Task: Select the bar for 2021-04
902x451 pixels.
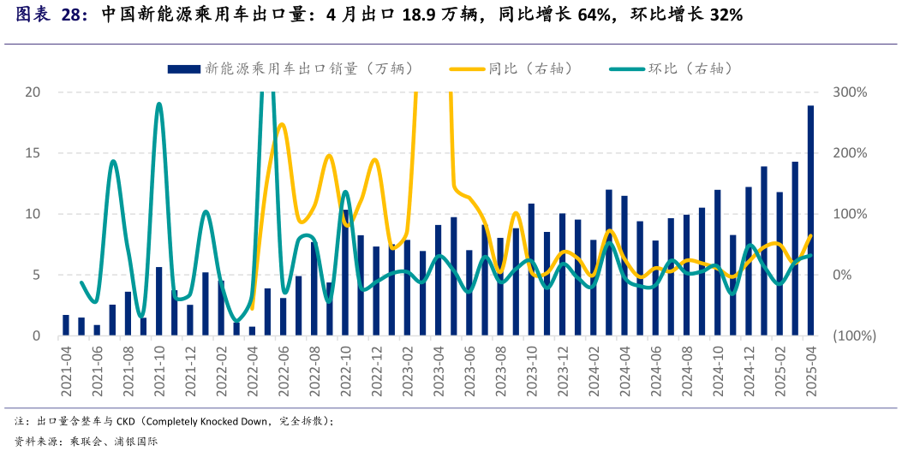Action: (x=66, y=325)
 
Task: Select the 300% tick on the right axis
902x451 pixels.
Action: (x=850, y=92)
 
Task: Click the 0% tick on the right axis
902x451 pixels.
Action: (x=845, y=275)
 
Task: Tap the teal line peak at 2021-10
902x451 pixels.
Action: (x=158, y=104)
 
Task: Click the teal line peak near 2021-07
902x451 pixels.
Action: (x=113, y=161)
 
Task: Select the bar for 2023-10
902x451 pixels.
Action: (x=531, y=270)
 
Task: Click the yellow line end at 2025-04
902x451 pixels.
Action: (x=810, y=235)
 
